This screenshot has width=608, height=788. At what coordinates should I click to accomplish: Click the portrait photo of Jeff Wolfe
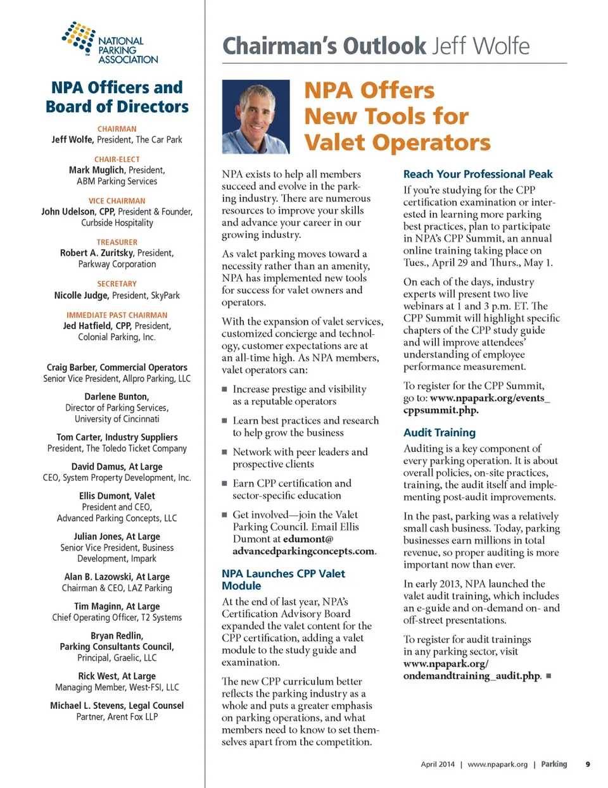[x=256, y=116]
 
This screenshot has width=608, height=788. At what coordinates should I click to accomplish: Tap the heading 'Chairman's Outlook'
[x=325, y=46]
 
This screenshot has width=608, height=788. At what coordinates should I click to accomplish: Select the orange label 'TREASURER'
[x=117, y=242]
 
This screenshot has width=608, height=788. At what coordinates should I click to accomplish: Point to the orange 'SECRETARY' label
[x=117, y=284]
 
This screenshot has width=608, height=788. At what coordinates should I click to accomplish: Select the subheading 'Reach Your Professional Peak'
[x=478, y=174]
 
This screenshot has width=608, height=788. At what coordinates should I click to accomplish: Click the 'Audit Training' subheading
[x=439, y=433]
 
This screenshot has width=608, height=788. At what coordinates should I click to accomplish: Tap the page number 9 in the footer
[x=588, y=764]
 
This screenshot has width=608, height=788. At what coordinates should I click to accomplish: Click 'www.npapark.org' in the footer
[x=497, y=765]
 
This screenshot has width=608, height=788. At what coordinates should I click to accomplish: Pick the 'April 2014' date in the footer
[x=438, y=765]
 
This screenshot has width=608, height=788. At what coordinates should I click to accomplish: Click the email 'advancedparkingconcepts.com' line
[x=303, y=551]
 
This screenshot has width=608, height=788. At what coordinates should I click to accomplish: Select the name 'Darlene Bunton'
[x=117, y=397]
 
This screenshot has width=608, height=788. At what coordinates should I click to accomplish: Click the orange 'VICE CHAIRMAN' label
[x=117, y=201]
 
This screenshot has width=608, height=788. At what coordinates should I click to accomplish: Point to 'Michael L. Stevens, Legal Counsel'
[x=117, y=706]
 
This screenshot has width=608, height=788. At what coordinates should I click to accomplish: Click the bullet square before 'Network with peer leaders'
[x=224, y=453]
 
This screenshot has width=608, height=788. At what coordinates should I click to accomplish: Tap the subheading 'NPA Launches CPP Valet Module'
[x=283, y=580]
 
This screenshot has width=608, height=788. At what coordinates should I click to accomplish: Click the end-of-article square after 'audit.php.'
[x=548, y=676]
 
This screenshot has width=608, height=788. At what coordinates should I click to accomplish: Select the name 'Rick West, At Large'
[x=117, y=676]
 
